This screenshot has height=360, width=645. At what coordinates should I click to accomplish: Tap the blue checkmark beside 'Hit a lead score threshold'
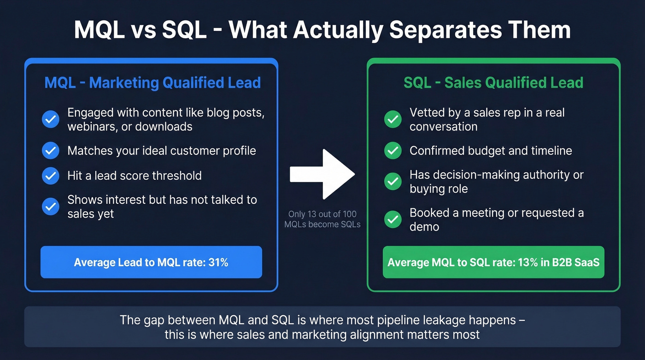(x=50, y=176)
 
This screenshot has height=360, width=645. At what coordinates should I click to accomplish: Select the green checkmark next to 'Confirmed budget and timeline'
(x=393, y=151)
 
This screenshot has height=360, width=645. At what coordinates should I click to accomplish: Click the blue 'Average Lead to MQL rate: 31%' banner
(x=151, y=262)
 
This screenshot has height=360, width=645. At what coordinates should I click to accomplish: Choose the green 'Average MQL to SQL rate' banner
(x=493, y=262)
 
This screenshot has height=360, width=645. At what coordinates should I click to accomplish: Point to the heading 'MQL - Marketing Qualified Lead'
(x=152, y=83)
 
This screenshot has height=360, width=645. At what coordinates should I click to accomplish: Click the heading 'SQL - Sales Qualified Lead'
(x=493, y=83)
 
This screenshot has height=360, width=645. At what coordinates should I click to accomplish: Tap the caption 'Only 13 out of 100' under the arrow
(x=322, y=214)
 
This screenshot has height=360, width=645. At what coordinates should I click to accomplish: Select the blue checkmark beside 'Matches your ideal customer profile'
(x=50, y=151)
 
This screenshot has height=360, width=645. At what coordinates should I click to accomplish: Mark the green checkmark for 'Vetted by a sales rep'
(x=393, y=119)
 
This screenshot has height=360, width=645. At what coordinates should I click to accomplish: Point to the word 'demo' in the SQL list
(x=424, y=227)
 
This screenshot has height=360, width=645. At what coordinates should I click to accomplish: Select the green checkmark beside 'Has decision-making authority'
(x=393, y=182)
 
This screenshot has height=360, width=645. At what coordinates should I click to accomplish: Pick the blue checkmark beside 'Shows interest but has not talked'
(x=50, y=207)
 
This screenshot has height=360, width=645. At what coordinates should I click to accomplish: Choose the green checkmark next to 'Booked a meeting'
(x=393, y=219)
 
